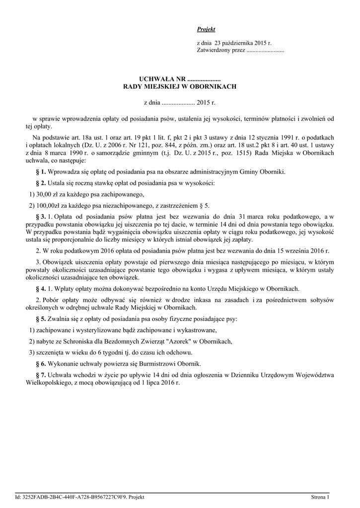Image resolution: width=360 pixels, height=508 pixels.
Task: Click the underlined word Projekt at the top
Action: (x=206, y=30)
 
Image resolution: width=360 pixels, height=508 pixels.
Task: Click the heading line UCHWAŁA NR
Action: (x=180, y=79)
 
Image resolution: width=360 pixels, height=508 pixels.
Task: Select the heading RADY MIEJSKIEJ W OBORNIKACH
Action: (x=180, y=86)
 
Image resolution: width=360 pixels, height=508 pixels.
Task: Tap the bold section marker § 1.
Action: (x=41, y=172)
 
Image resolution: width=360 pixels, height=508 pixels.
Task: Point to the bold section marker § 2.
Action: (x=41, y=184)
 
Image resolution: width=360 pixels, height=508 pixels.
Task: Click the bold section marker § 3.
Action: (x=41, y=217)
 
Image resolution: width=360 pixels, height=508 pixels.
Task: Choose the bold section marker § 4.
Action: (x=41, y=289)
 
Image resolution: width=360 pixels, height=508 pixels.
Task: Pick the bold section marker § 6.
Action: (x=41, y=364)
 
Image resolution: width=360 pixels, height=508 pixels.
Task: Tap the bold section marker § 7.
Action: (x=41, y=374)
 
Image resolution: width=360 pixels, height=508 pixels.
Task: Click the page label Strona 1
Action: (x=320, y=497)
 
